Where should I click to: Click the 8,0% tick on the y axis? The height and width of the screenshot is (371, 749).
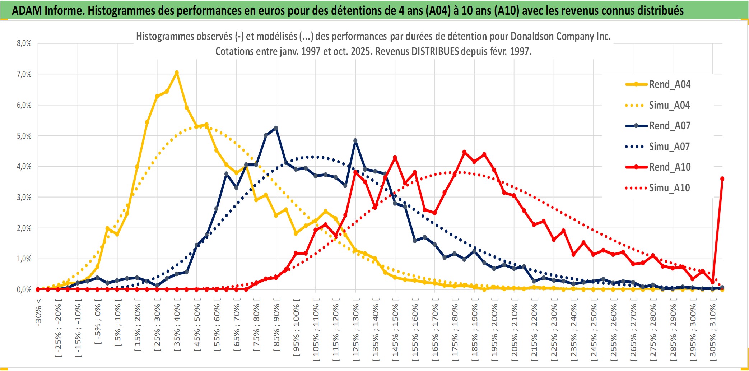point(24,43)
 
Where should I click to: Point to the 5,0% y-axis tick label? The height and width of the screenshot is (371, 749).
point(24,136)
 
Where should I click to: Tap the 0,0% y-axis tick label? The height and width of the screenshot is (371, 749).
point(24,289)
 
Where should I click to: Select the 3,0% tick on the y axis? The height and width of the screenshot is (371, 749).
point(24,197)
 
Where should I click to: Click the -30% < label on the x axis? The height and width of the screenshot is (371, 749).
point(38,312)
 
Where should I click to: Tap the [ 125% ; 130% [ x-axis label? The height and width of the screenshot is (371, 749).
point(355,330)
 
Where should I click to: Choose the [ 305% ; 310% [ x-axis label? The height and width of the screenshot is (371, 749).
point(713,330)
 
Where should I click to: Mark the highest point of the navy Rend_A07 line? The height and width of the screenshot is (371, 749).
point(276,128)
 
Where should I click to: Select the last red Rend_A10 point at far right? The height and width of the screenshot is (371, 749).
point(722,179)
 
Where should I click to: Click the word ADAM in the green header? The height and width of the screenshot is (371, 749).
point(27,10)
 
